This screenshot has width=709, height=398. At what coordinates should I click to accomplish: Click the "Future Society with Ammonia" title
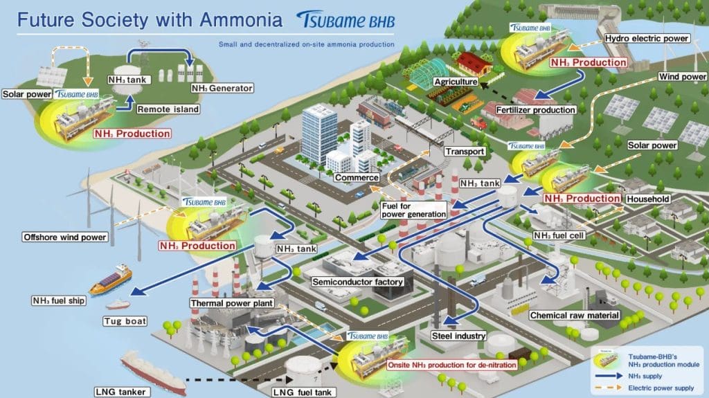click(x=150, y=20)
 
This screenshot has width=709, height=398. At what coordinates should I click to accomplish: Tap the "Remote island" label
click(x=168, y=109)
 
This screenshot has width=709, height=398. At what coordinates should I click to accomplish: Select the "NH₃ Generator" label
click(x=222, y=88)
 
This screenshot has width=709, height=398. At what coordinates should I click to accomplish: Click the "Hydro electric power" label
click(x=647, y=39)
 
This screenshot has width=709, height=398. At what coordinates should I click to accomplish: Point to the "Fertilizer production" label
click(x=535, y=110)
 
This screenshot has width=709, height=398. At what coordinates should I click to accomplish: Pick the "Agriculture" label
click(x=456, y=82)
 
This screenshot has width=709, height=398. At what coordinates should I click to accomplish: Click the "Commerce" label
click(x=357, y=178)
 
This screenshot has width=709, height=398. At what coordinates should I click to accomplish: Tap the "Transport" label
click(x=465, y=152)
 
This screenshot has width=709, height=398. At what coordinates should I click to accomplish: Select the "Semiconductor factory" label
click(x=357, y=282)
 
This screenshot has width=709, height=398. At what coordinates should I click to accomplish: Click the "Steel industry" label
click(x=458, y=336)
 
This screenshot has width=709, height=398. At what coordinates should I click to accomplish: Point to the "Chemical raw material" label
click(x=574, y=315)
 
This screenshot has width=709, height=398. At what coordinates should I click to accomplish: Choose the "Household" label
click(x=648, y=199)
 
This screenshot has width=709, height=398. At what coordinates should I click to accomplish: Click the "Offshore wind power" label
click(x=65, y=237)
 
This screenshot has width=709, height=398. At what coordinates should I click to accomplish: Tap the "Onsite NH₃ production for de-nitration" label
click(x=451, y=365)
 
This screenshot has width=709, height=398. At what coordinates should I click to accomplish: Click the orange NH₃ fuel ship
click(x=111, y=280)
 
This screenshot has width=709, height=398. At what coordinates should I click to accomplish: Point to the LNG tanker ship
click(x=153, y=372)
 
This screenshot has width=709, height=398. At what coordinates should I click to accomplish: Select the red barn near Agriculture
click(x=474, y=64)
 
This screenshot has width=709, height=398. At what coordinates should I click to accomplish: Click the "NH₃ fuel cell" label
click(x=559, y=235)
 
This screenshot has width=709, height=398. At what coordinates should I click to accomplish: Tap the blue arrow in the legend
click(x=609, y=376)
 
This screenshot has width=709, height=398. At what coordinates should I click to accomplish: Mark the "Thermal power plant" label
click(x=231, y=303)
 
